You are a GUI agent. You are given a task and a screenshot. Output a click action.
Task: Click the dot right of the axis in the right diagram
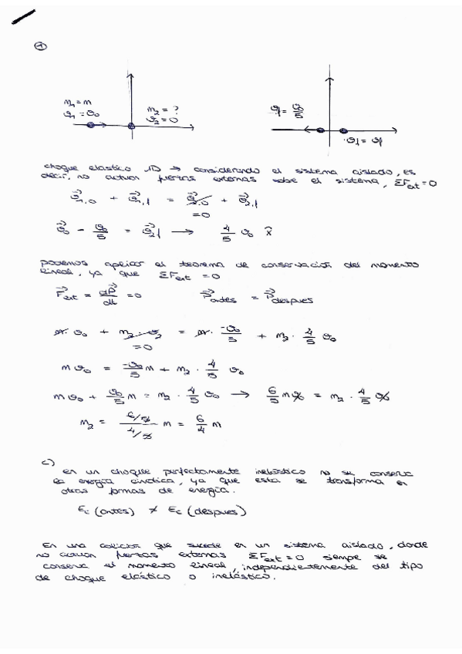(342, 131)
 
